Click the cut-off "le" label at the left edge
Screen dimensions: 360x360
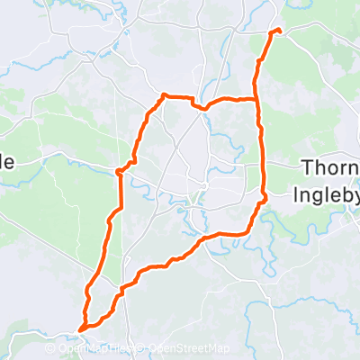(7, 162)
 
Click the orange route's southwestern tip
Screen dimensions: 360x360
(81, 329)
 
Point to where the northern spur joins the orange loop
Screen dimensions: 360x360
(256, 97)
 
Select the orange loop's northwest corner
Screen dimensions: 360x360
(163, 94)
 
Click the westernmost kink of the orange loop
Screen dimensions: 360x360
(119, 170)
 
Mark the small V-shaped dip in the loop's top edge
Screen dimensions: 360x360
(204, 108)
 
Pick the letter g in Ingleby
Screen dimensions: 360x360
(319, 195)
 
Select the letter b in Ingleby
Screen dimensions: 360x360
(340, 193)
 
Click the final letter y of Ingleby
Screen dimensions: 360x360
(354, 195)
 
